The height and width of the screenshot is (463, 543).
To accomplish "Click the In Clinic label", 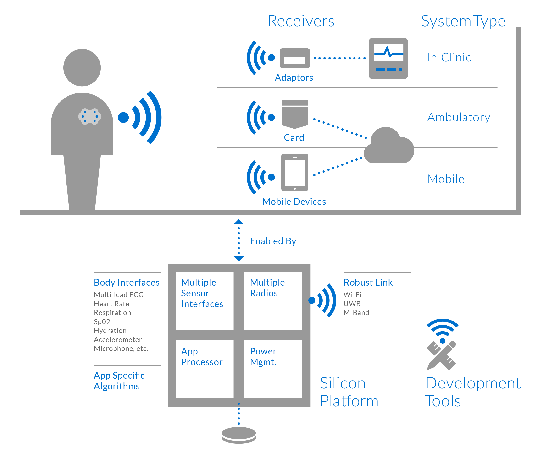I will pos(449,58).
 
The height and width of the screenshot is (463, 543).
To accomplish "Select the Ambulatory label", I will pos(459,117).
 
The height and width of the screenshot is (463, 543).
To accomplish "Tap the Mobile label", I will pos(446,179).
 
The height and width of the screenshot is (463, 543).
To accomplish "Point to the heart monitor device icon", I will pos(388,58).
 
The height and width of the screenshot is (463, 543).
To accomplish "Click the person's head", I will pos(82,68).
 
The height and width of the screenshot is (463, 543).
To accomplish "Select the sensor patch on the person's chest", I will pos(90,116).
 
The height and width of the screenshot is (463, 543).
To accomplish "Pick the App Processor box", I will pos(205,369).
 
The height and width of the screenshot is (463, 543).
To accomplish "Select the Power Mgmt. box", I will pos(272,369).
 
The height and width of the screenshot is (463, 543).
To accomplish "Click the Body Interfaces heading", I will pos(127,283).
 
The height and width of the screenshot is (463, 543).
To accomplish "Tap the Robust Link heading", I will pos(368,283).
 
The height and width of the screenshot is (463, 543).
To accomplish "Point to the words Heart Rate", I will pos(112,304).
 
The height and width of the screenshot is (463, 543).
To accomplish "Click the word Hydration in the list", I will pos(110,331).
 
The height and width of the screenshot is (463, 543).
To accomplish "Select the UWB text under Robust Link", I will pos(352,304).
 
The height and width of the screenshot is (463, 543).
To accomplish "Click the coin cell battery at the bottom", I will pos(239,435).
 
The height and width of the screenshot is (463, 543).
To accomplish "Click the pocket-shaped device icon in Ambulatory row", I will pos(294,114).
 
